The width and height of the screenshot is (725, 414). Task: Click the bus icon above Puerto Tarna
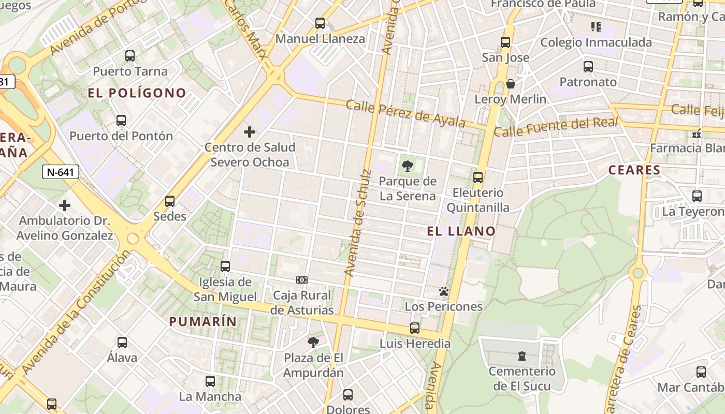click(130, 55)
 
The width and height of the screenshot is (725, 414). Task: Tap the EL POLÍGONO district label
click(137, 93)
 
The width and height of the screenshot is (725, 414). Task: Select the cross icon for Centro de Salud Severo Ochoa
click(250, 132)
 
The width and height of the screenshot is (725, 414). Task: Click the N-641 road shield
click(61, 172)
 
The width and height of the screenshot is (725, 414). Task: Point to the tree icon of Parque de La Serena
click(408, 166)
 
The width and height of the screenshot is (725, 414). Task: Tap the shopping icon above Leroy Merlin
click(511, 84)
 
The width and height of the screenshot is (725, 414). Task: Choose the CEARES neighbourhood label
click(634, 170)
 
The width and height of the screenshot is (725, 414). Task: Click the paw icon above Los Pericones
click(443, 291)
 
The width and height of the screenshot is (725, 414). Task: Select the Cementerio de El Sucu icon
click(521, 356)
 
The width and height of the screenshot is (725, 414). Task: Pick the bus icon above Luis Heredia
click(415, 328)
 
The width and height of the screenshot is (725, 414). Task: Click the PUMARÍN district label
click(203, 321)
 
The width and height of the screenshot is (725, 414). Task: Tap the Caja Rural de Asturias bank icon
click(302, 280)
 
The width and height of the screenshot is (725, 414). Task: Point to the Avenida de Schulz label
click(358, 223)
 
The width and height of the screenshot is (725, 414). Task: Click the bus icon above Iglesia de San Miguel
click(225, 267)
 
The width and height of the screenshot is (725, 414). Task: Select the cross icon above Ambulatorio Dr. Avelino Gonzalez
click(65, 205)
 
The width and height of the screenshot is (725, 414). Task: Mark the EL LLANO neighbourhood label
click(461, 231)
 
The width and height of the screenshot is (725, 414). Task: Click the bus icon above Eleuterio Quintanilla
click(478, 178)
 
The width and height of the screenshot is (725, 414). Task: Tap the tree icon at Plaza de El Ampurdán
click(313, 342)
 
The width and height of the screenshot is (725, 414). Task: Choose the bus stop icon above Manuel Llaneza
click(320, 23)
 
